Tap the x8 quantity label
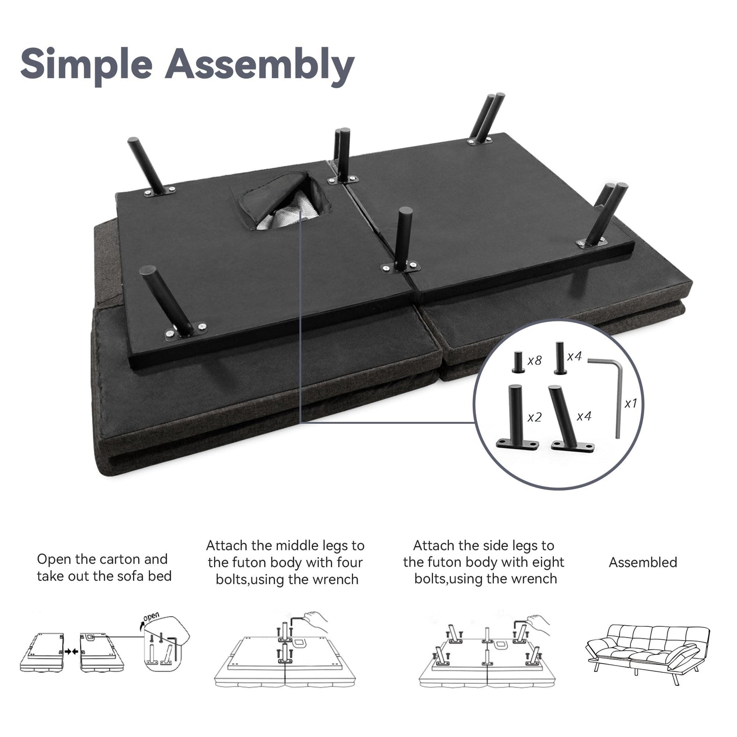coord(535,361)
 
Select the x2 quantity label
coord(535,417)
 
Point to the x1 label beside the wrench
coord(631,403)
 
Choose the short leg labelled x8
coord(518,362)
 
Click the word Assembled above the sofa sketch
coord(643,563)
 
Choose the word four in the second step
coord(349,563)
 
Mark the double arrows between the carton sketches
coord(71,651)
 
